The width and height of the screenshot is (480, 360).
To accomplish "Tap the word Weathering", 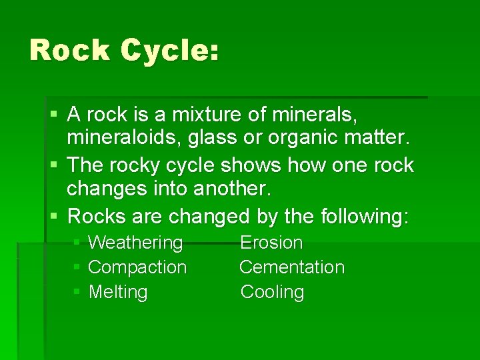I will (135, 243).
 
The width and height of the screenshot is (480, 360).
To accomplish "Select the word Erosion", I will (271, 243).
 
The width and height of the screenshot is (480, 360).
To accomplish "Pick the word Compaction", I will (137, 267).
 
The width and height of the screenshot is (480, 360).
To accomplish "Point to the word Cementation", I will (292, 267).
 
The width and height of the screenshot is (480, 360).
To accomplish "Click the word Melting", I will (118, 292).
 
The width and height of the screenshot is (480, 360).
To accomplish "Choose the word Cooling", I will (272, 292).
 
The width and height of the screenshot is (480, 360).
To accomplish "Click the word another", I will (233, 189).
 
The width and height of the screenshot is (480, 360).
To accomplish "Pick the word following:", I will (365, 215).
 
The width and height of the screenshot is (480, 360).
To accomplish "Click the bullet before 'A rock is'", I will (55, 115).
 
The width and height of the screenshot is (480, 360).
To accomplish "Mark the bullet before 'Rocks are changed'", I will (55, 216).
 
